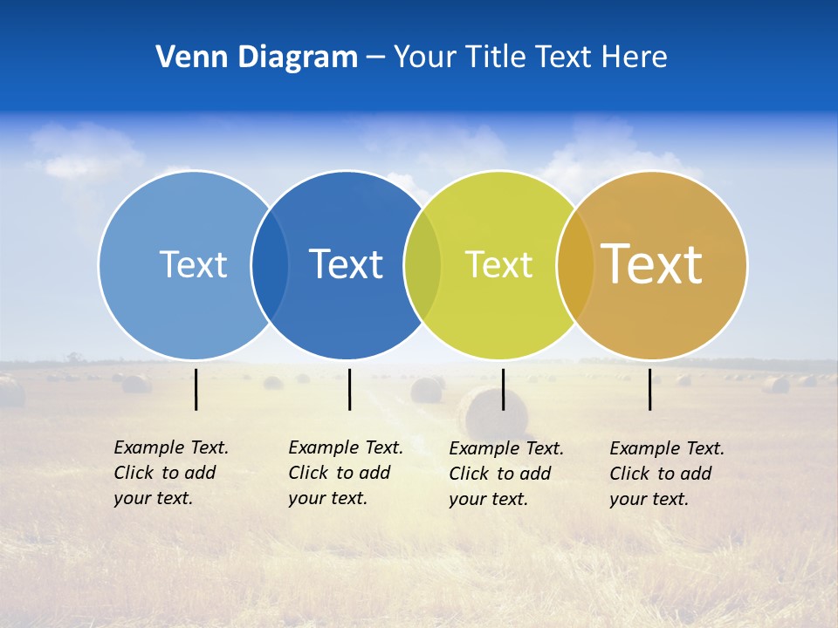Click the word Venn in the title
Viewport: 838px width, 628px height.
[x=186, y=57]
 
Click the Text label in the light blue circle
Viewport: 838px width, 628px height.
[x=193, y=264]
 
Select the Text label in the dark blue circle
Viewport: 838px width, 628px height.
[x=347, y=264]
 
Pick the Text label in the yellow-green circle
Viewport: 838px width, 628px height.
[x=498, y=264]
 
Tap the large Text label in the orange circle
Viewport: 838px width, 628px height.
[x=652, y=263]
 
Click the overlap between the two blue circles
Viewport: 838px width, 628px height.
[x=270, y=265]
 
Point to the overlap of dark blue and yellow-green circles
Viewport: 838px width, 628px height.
[x=422, y=265]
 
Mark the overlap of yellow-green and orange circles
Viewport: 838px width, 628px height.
[x=575, y=265]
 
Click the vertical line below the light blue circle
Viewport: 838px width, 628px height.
[x=196, y=389]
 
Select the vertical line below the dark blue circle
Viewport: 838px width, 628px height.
[x=349, y=389]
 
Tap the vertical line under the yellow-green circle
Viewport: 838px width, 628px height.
[x=503, y=389]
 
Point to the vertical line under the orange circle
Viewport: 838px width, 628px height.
[x=650, y=389]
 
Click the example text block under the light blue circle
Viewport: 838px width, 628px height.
[x=170, y=473]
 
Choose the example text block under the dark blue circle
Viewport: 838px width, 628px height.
[x=345, y=473]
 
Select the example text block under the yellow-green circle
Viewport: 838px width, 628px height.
[x=505, y=474]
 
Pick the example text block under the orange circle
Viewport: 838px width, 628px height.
[x=666, y=474]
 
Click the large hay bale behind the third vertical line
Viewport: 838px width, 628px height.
[x=489, y=414]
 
